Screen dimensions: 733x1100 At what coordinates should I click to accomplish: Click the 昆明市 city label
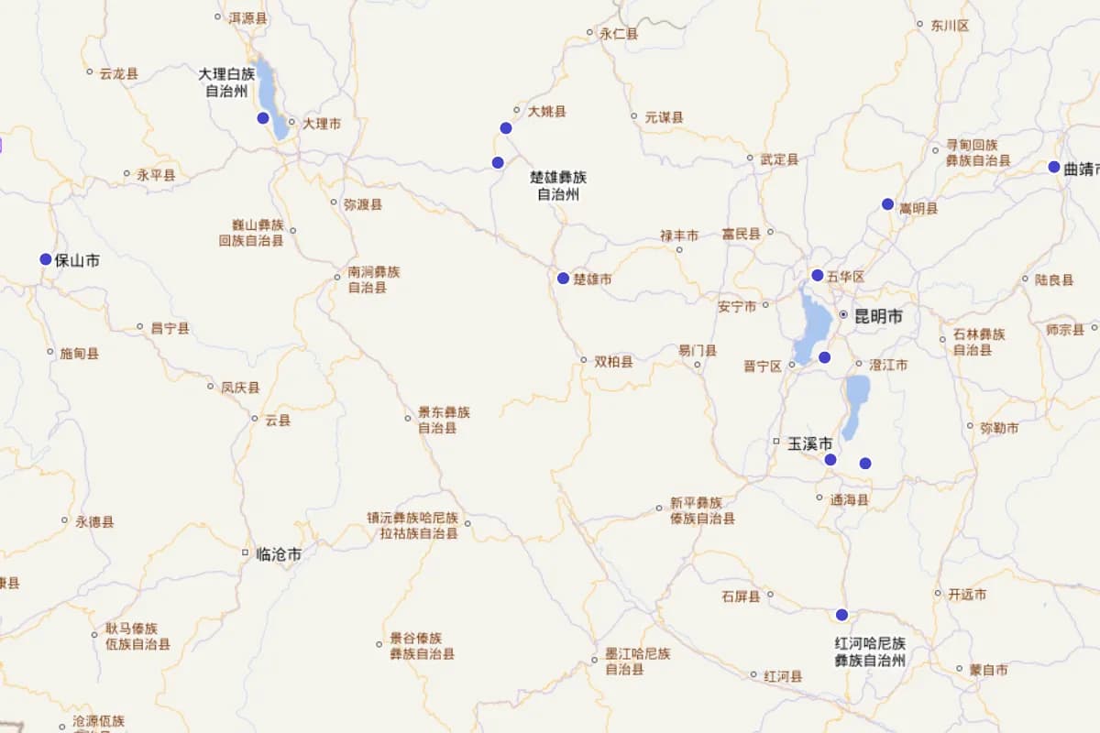(x=877, y=317)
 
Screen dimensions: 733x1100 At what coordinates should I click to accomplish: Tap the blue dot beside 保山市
(x=46, y=259)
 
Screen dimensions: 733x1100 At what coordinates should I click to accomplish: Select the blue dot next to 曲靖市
(x=1054, y=167)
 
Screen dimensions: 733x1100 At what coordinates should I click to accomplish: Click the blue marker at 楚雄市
(x=563, y=278)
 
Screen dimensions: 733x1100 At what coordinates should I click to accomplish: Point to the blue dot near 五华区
(x=817, y=275)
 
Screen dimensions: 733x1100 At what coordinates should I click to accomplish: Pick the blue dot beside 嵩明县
(x=887, y=203)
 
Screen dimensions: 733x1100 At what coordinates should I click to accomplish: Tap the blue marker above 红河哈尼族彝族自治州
(x=841, y=614)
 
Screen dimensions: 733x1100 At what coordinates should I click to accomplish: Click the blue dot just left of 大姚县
(x=505, y=127)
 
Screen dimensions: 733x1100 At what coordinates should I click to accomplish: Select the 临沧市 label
(x=279, y=553)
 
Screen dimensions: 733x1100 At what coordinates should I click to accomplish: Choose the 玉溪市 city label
(x=810, y=443)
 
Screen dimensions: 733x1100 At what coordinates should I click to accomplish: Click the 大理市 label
(x=322, y=123)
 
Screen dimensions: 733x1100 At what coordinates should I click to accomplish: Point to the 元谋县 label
(x=664, y=117)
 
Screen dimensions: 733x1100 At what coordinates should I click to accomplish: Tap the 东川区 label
(x=950, y=26)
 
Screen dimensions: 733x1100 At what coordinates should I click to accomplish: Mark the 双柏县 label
(x=613, y=362)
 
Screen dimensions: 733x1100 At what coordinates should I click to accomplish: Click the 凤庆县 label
(x=240, y=388)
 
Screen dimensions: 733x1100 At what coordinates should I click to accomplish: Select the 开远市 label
(x=967, y=595)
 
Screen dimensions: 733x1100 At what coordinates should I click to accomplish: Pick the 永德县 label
(x=94, y=522)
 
